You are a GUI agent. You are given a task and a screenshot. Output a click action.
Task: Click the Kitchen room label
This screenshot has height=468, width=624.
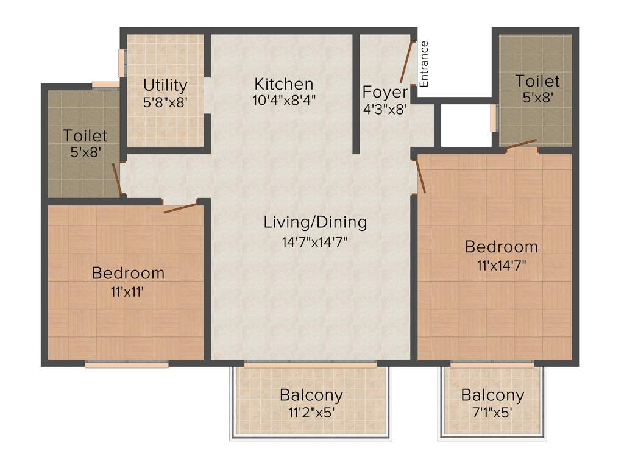pyautogui.click(x=284, y=83)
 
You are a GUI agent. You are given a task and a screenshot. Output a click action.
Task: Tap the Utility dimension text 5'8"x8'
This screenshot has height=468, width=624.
pyautogui.click(x=165, y=102)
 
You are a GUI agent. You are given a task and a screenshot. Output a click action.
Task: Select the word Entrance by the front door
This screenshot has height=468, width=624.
pyautogui.click(x=425, y=63)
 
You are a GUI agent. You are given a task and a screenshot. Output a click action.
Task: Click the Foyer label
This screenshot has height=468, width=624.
pyautogui.click(x=385, y=93)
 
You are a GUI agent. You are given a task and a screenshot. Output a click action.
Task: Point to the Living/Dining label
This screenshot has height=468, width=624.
pyautogui.click(x=315, y=222)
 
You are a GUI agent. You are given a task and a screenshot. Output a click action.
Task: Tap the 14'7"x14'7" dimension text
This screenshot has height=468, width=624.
pyautogui.click(x=314, y=242)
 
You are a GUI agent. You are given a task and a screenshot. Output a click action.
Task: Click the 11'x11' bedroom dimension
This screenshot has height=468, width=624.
pyautogui.click(x=128, y=291)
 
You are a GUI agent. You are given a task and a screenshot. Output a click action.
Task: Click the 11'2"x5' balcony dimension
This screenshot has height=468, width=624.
pyautogui.click(x=311, y=413)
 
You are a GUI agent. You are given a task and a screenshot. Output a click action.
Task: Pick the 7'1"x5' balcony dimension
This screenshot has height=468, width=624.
pyautogui.click(x=492, y=413)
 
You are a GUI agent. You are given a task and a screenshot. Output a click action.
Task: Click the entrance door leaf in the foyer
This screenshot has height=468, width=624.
pyautogui.click(x=406, y=62)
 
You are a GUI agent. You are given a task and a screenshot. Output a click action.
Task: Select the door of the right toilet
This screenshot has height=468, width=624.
pyautogui.click(x=520, y=144)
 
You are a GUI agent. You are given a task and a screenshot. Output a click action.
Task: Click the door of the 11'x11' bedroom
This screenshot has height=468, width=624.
pyautogui.click(x=181, y=208)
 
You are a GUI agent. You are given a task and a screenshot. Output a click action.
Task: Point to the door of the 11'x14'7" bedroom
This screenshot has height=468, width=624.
pyautogui.click(x=420, y=176)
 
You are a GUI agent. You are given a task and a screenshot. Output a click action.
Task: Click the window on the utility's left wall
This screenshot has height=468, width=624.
pyautogui.click(x=121, y=63)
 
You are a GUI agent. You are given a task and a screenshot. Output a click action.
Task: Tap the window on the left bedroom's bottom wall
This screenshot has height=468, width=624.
pyautogui.click(x=127, y=365)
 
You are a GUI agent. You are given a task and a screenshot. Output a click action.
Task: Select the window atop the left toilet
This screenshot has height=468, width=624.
pyautogui.click(x=105, y=85)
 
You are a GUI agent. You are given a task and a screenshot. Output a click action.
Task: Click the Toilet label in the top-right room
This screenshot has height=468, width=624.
pyautogui.click(x=537, y=80)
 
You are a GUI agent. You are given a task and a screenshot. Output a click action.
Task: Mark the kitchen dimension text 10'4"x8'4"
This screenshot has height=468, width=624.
pyautogui.click(x=284, y=100)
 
